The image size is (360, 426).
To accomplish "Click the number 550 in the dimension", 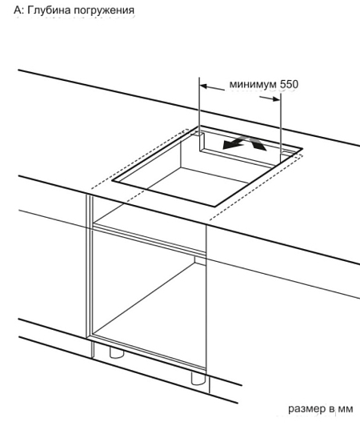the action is [x=289, y=84].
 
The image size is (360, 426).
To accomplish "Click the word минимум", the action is [x=253, y=85].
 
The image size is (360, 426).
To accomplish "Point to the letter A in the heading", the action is [x=17, y=10].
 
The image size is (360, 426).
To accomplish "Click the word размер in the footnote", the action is [x=306, y=409].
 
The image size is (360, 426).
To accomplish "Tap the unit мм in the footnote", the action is [x=346, y=408].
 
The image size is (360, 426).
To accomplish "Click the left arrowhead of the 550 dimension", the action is [x=204, y=86].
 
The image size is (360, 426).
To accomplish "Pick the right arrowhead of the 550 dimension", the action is [x=276, y=99].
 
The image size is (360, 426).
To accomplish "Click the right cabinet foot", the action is [x=198, y=379].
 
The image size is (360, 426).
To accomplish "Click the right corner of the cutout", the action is [x=302, y=149].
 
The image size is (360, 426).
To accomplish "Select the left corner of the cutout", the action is [x=112, y=181].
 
